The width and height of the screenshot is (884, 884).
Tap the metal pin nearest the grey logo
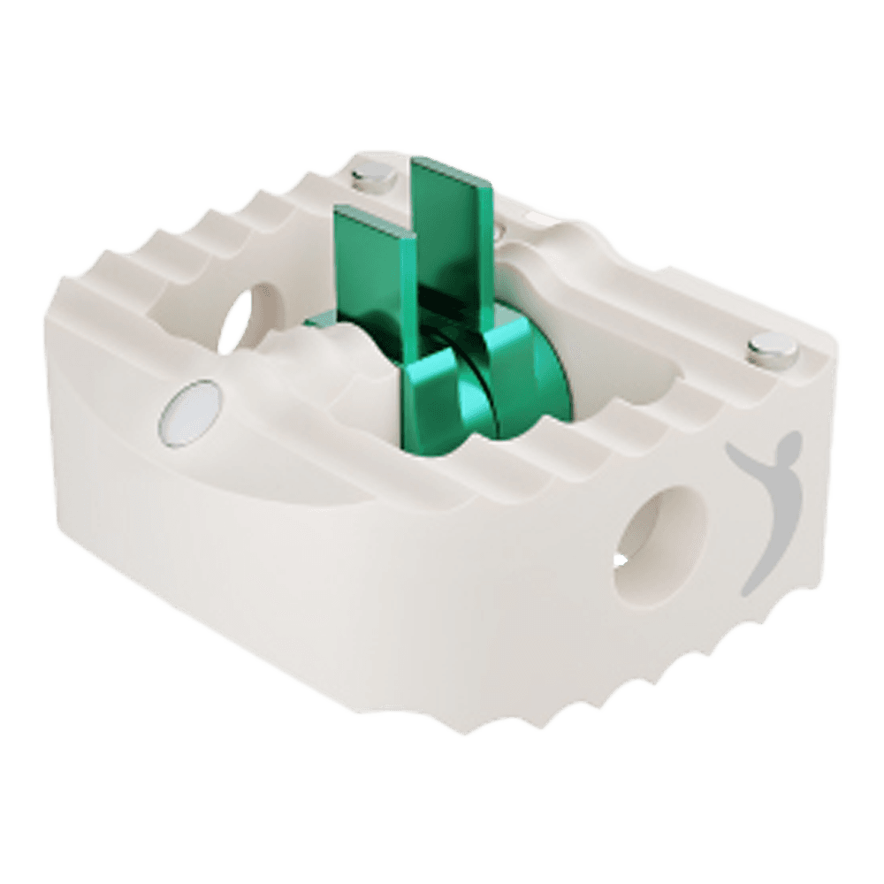click(766, 350)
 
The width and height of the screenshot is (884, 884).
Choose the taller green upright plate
click(453, 230)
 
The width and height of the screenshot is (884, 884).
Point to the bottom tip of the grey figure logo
click(747, 588)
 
